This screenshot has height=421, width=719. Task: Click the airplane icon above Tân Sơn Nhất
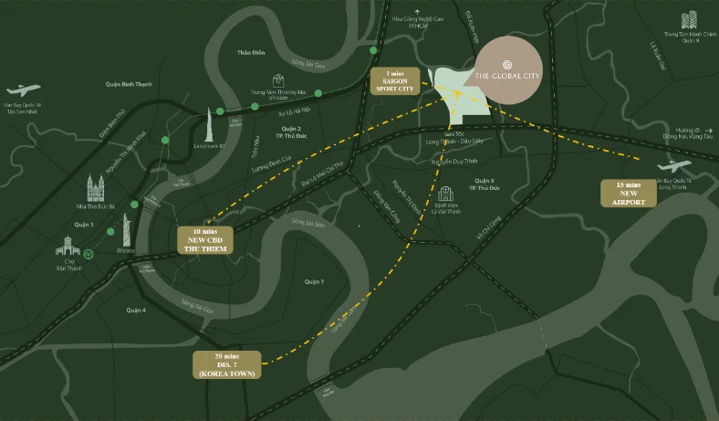point(23,89)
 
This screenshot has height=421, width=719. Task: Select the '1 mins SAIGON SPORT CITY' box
point(394,81)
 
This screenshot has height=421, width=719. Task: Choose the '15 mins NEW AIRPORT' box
point(629,193)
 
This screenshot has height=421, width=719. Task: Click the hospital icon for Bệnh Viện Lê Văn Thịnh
point(445,195)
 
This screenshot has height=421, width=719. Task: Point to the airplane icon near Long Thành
point(675,166)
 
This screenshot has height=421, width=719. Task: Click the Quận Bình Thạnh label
point(129,84)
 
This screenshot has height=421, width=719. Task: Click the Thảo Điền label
point(249,54)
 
